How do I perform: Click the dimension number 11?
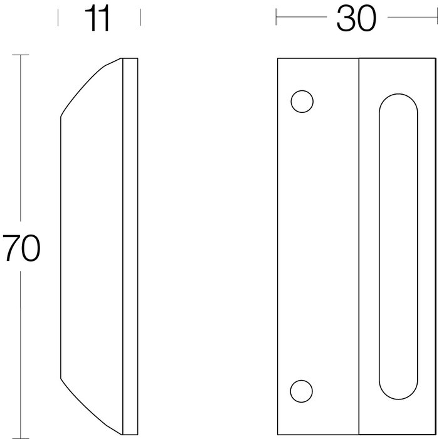(x=99, y=19)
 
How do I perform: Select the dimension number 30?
(x=356, y=19)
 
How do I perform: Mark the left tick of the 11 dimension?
(x=58, y=18)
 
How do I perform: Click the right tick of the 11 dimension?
(x=140, y=18)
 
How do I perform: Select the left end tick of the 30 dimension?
(x=277, y=18)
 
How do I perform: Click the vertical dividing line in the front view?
(x=358, y=245)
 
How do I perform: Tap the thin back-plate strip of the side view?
(x=130, y=245)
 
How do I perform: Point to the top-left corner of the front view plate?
(x=278, y=58)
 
